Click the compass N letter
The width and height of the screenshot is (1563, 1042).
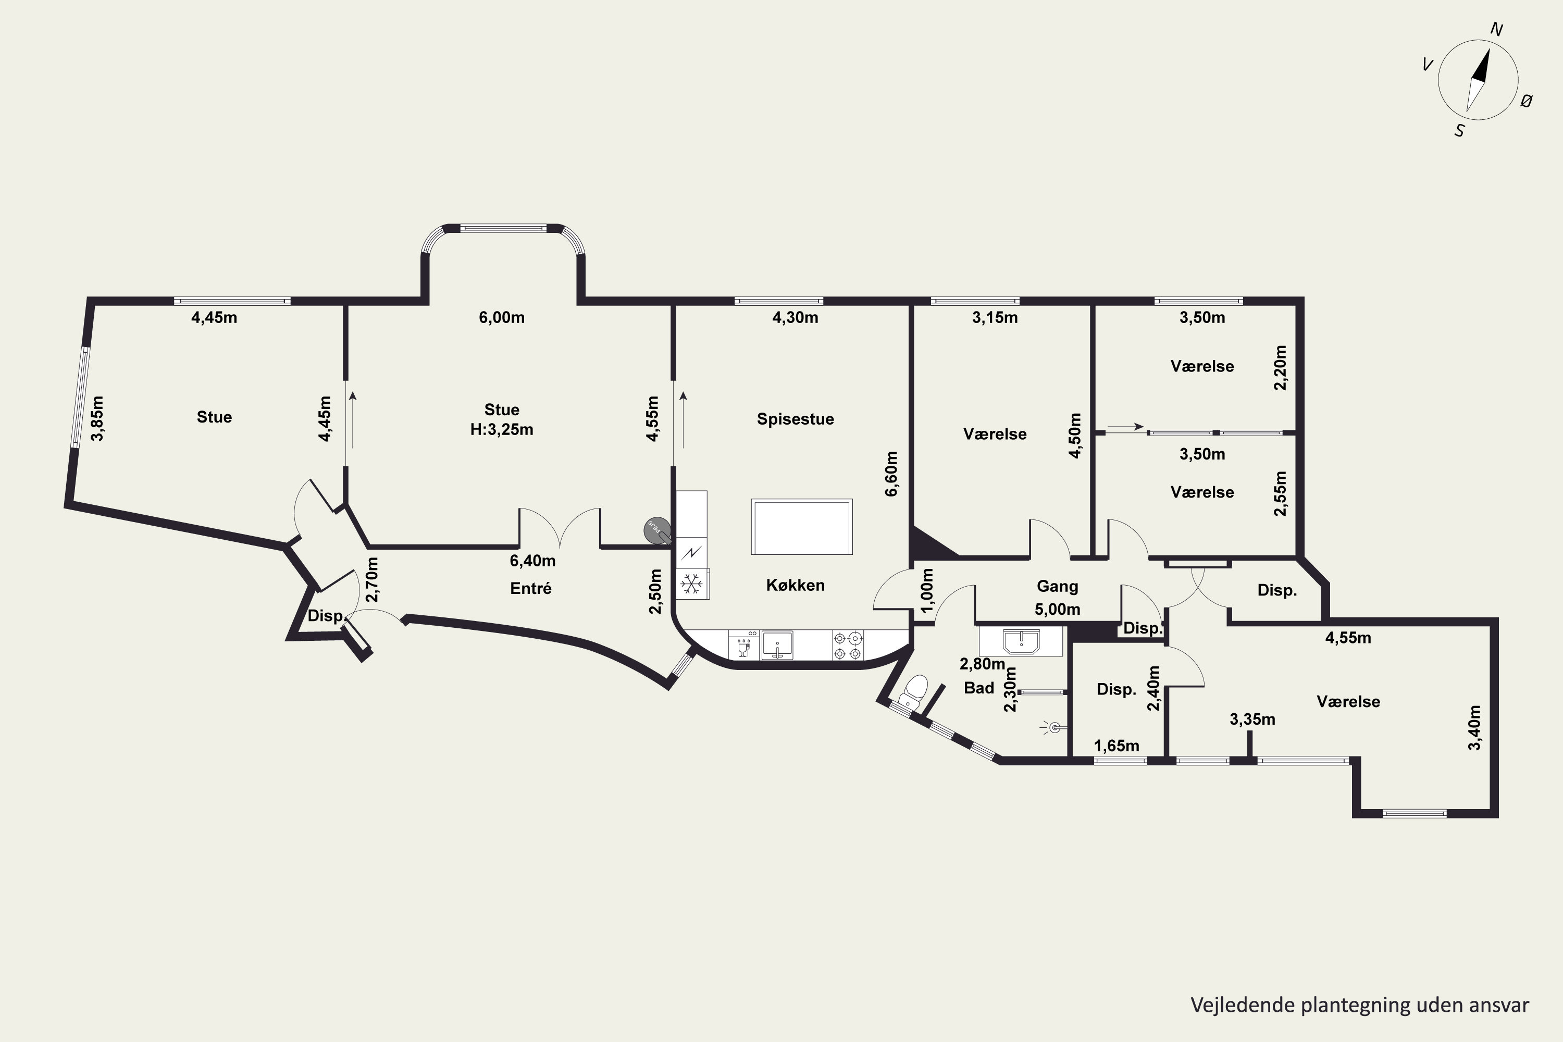tap(1496, 29)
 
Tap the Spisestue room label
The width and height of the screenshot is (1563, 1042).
tap(795, 419)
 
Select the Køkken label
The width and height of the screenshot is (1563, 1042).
tap(795, 585)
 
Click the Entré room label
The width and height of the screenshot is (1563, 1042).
tap(530, 588)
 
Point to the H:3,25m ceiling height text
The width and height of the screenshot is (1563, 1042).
tap(502, 429)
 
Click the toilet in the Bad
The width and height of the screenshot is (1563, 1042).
tap(914, 691)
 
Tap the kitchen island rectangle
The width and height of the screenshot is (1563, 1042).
tap(801, 527)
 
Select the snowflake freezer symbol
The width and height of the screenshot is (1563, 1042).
tap(692, 584)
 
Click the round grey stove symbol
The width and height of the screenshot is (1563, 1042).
tap(657, 530)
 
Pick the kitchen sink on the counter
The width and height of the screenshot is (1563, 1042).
tap(777, 644)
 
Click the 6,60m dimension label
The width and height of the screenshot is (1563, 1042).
tap(892, 474)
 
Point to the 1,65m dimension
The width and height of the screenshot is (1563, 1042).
tap(1117, 746)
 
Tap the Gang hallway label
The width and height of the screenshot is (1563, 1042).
tap(1057, 586)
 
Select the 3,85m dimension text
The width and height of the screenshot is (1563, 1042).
tap(97, 419)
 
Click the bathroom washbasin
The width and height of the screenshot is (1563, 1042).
tap(1021, 642)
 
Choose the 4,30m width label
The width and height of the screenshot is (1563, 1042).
tap(795, 318)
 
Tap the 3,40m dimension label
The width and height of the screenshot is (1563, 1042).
tap(1474, 728)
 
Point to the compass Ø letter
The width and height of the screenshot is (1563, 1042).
tap(1527, 101)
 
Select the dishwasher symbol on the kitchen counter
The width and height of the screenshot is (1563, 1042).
tap(743, 644)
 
